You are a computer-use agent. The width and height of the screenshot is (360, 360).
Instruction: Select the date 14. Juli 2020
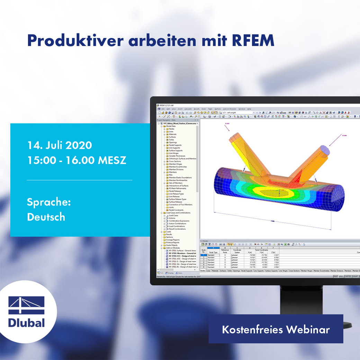click(x=60, y=145)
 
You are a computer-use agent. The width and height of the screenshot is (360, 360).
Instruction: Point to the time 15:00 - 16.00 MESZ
click(x=77, y=160)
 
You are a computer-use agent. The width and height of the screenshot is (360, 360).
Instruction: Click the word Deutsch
click(x=46, y=217)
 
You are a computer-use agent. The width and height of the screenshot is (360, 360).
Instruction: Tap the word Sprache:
click(x=49, y=202)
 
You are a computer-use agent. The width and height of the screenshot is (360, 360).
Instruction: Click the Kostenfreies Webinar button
click(x=276, y=329)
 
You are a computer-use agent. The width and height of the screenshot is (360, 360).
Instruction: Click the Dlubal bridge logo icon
click(x=27, y=305)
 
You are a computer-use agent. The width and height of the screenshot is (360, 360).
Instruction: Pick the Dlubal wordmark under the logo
click(x=27, y=323)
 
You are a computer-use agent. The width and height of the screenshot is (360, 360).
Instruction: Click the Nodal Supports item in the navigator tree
click(x=175, y=145)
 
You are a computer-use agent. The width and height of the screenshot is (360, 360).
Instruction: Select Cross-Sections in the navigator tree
click(x=174, y=161)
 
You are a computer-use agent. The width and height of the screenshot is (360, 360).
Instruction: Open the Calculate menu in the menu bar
click(x=188, y=109)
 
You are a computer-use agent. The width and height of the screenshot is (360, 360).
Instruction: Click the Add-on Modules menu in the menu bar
click(x=230, y=109)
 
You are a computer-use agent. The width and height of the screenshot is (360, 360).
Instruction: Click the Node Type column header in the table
click(x=213, y=252)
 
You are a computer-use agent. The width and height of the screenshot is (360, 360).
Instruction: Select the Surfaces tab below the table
click(x=223, y=271)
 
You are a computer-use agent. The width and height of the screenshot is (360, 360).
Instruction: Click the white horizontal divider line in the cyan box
click(x=80, y=180)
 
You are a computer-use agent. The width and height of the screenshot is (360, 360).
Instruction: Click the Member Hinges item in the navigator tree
click(x=175, y=164)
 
